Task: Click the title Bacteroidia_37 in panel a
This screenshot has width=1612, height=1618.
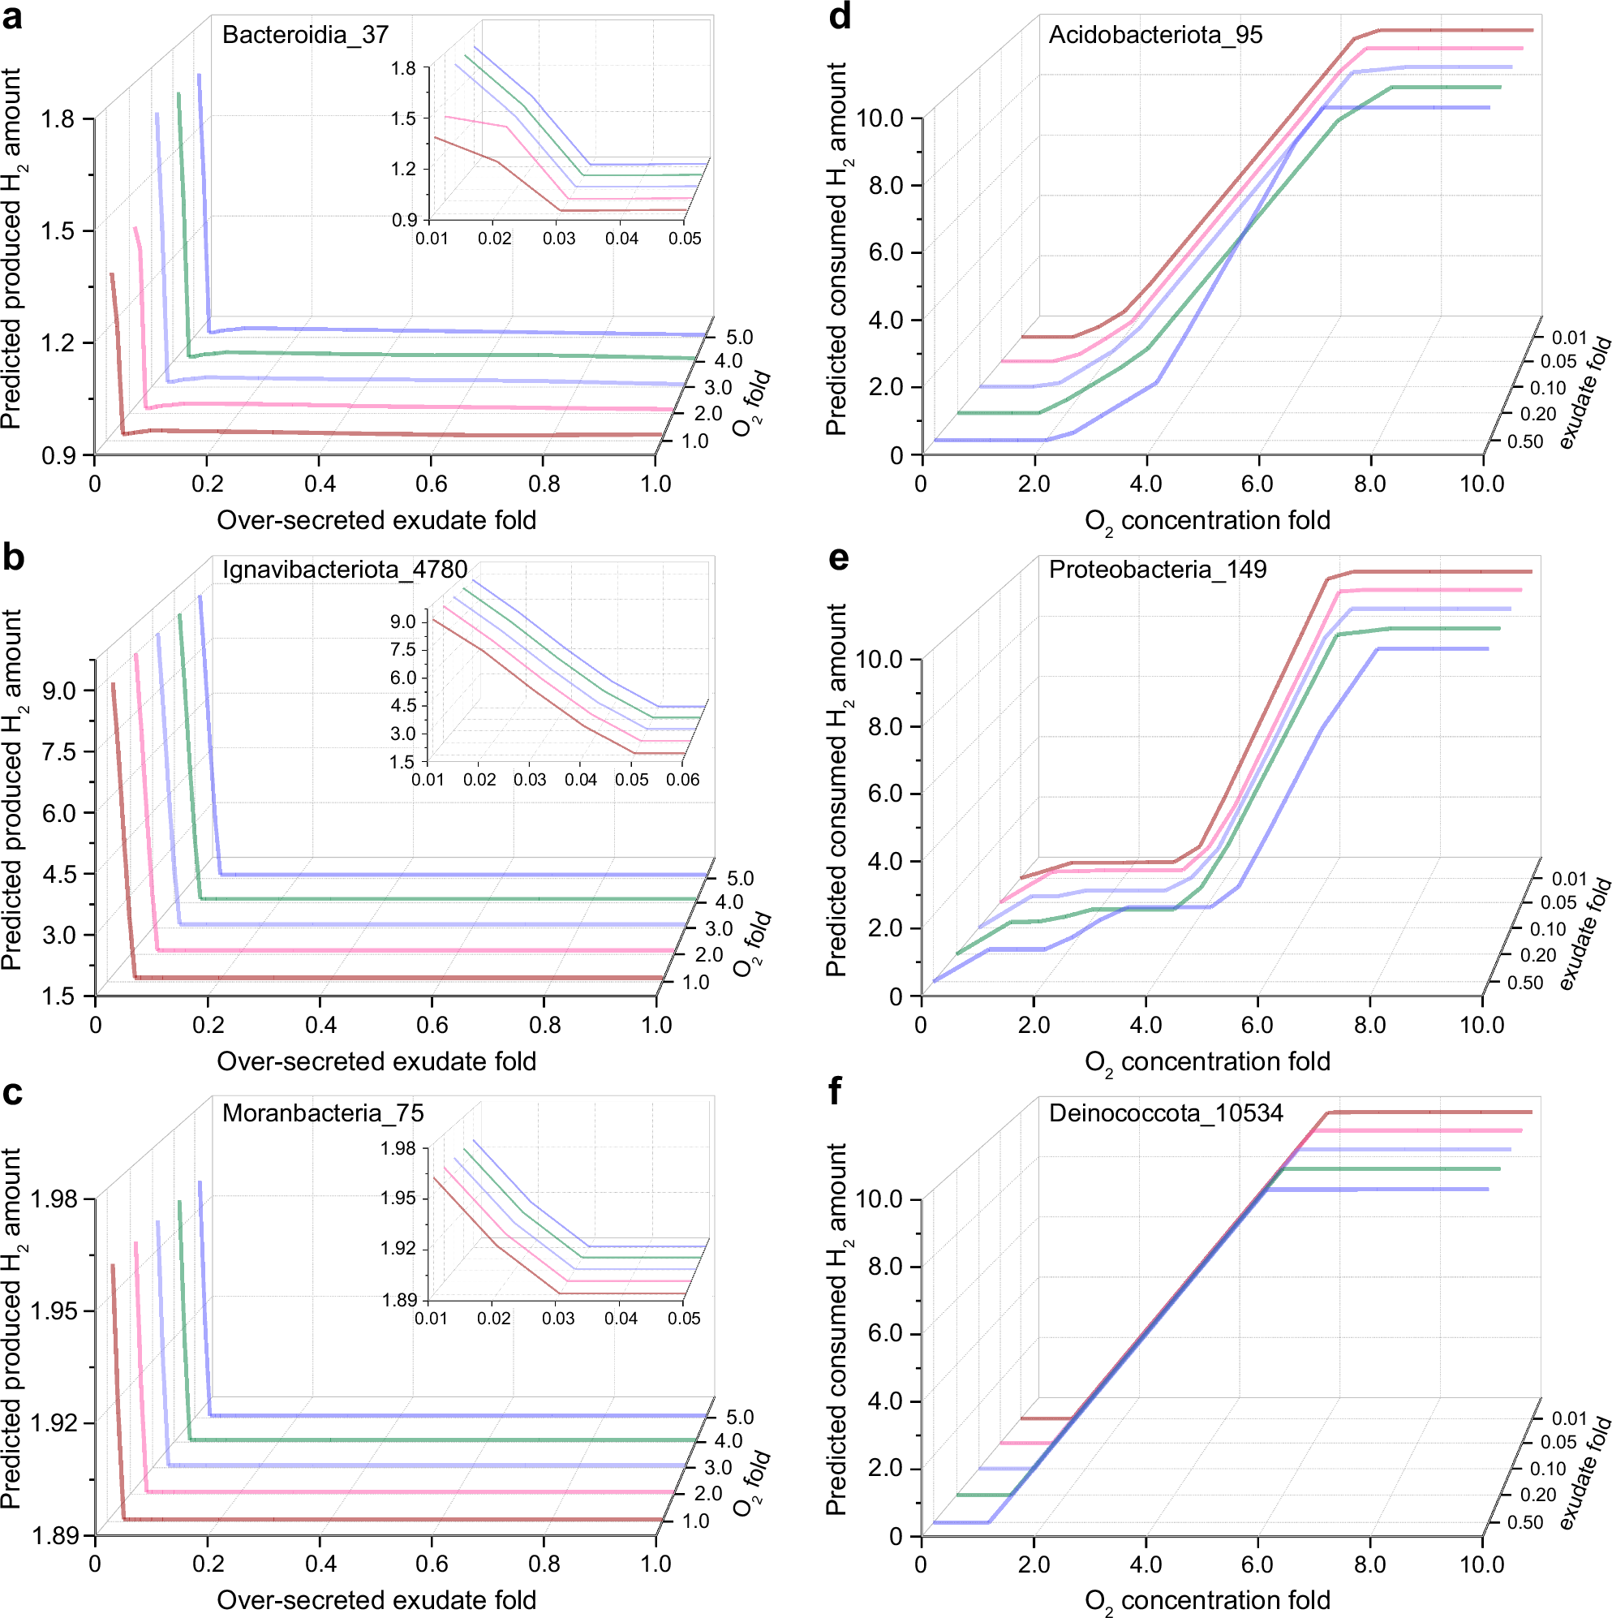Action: tap(305, 34)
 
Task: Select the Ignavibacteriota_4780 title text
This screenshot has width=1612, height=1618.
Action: tap(344, 570)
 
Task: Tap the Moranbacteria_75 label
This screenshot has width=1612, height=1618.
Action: tap(322, 1113)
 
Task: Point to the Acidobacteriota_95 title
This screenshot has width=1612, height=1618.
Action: tap(1154, 34)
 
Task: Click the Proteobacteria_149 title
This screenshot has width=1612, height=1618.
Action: tap(1158, 570)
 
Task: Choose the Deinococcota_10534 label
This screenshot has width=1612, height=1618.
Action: tap(1165, 1113)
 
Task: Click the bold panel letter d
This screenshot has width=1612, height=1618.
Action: tap(839, 17)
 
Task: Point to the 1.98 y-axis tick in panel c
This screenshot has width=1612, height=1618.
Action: tap(54, 1199)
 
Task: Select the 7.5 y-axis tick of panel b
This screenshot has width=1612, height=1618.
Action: tap(59, 752)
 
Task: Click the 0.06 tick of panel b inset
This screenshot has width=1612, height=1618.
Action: tap(682, 780)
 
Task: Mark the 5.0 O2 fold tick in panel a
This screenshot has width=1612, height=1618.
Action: tap(739, 338)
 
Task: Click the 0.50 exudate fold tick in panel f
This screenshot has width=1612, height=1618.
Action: tap(1524, 1522)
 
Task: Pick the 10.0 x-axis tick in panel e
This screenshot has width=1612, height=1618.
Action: tap(1481, 1025)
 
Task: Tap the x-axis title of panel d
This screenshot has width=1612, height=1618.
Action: tap(1206, 521)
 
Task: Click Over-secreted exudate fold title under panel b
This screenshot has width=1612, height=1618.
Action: tap(376, 1062)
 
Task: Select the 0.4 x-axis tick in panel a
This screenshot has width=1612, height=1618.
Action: tap(319, 484)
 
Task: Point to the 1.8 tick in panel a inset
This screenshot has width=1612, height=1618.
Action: tap(404, 69)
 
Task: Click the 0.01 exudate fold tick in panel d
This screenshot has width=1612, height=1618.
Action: tap(1569, 338)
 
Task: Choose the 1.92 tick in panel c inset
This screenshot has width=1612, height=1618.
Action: tap(398, 1249)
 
